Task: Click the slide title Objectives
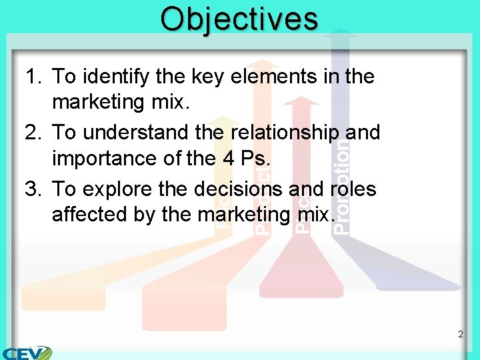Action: (239, 19)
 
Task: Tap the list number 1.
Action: (33, 77)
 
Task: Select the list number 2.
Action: (33, 133)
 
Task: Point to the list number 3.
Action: (33, 189)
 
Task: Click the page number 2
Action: (461, 334)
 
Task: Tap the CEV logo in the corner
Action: (27, 352)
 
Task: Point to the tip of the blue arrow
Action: (341, 31)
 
